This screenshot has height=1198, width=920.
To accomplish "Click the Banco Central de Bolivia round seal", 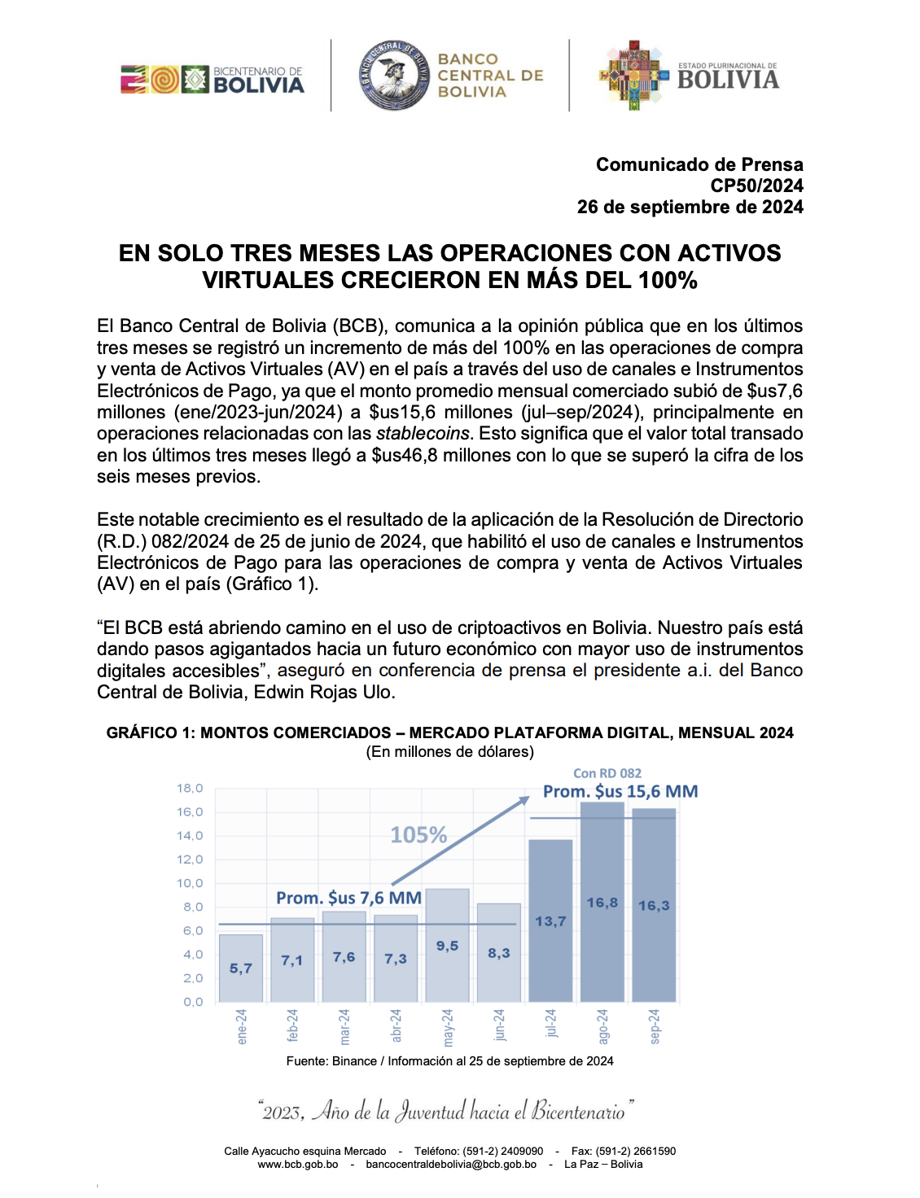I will coord(394,76).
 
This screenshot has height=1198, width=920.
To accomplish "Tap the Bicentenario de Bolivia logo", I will coord(212,80).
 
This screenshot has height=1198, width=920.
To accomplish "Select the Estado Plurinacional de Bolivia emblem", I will coord(632,75).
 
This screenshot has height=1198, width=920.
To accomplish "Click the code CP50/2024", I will coord(756,186).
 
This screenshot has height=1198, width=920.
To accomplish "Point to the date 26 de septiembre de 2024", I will coord(690,207).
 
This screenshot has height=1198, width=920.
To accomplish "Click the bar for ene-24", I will coord(241,968).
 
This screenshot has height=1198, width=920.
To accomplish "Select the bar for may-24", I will coord(447,945).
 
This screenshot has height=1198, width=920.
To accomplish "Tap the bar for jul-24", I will coord(550,920).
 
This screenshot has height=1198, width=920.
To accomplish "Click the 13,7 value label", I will coord(550,921).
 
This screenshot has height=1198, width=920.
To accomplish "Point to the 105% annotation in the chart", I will coord(418,835).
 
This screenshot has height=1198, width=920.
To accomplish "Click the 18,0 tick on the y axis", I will coord(190,788).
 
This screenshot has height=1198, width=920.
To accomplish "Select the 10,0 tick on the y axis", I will coord(190,883).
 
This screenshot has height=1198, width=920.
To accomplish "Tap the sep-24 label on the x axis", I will coord(655,1026).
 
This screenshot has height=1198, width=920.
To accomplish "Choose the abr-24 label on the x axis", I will coord(396,1026).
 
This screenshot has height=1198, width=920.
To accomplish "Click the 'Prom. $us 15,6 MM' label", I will coord(620,791).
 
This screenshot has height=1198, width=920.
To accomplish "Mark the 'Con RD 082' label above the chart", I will coord(607,773).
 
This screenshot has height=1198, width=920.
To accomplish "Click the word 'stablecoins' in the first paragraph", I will coord(423,434).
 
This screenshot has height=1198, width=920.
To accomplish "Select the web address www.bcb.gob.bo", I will coord(297,1165).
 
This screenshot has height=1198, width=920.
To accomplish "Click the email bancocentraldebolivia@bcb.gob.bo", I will coord(451,1165).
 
